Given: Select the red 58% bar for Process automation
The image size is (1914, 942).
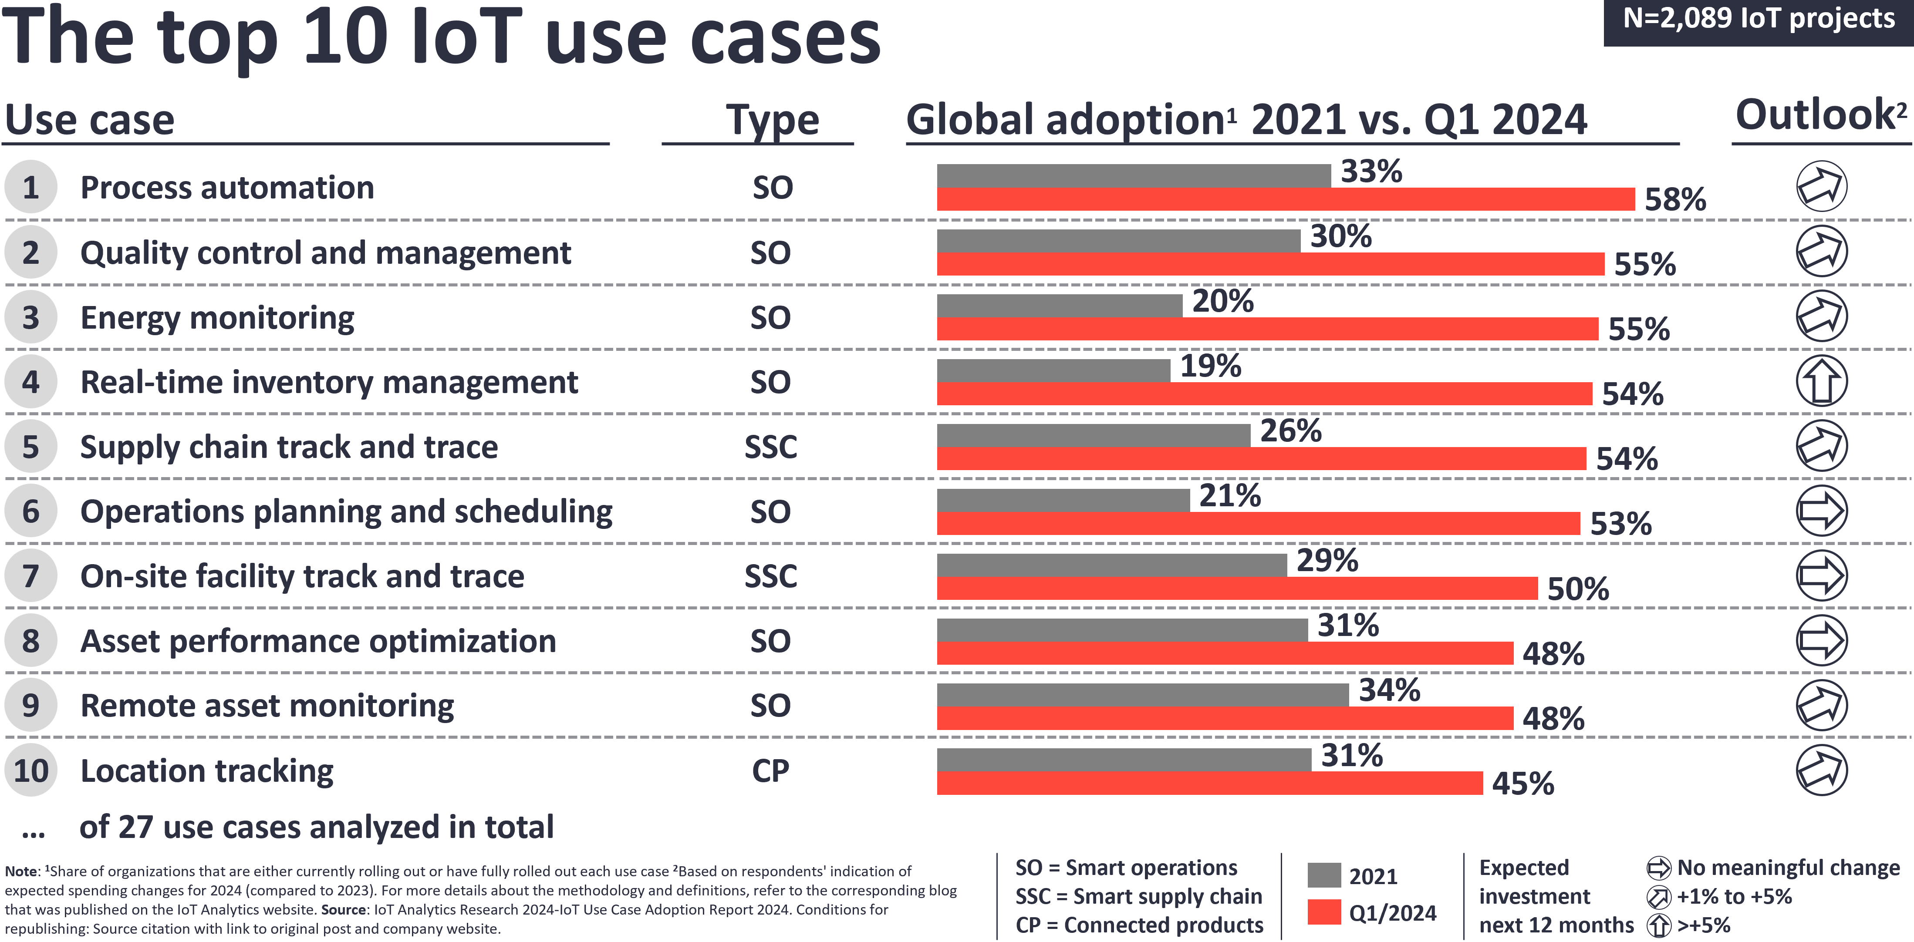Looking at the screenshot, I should [1286, 199].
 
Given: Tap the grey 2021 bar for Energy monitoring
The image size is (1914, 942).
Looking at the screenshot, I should [1059, 305].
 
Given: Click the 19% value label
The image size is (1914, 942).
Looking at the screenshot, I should [1210, 366].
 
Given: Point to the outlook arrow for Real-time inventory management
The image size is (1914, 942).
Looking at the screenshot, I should [1821, 381].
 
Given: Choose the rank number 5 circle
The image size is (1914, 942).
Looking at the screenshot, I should [30, 447].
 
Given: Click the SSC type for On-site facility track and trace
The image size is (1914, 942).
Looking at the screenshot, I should [770, 576].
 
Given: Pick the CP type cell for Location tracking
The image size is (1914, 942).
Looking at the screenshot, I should [770, 771].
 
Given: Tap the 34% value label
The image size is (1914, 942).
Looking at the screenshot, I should [1389, 690].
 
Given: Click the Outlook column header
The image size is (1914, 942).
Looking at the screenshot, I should [1820, 115].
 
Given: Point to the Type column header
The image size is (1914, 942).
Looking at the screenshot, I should [772, 120].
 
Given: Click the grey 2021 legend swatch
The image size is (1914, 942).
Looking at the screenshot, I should [1324, 875].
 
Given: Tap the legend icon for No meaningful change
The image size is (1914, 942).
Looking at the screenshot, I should [1658, 868].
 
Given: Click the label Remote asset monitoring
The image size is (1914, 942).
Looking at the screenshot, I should [267, 706].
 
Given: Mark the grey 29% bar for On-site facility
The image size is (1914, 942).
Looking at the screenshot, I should [1111, 565].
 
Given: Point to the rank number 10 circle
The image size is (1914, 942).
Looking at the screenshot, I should [30, 770].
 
